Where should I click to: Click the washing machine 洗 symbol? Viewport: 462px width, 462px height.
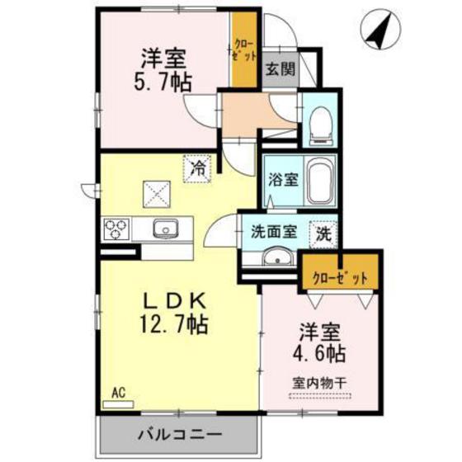pos(324,233)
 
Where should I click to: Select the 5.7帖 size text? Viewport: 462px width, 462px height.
pos(163,83)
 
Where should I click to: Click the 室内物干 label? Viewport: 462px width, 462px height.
pos(320,384)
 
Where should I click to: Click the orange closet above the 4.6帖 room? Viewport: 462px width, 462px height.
pos(340,278)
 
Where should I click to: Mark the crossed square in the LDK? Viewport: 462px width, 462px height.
pos(157,195)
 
